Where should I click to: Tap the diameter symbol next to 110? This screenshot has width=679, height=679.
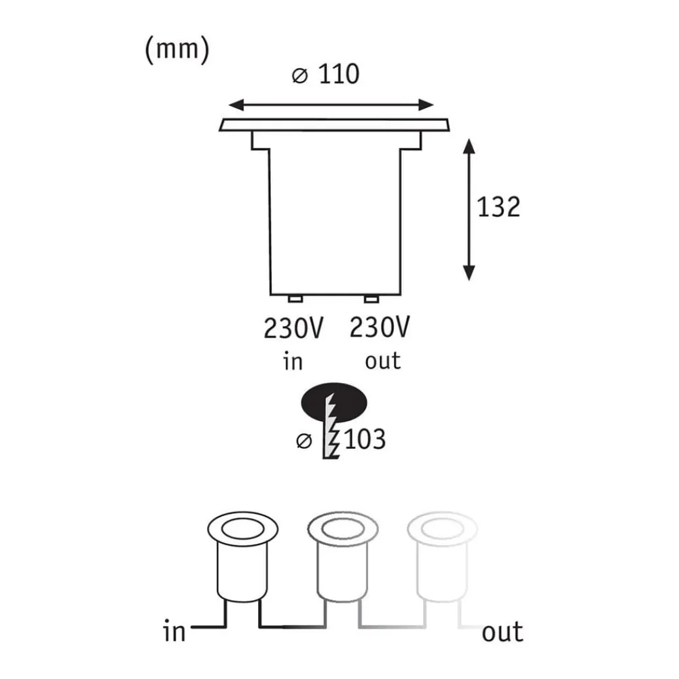(299, 76)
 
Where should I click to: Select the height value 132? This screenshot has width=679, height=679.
(498, 206)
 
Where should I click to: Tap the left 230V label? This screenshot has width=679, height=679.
(293, 329)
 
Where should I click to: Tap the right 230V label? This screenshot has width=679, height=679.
(380, 329)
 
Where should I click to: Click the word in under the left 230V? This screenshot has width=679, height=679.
(293, 361)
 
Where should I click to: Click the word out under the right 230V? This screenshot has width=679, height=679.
(383, 361)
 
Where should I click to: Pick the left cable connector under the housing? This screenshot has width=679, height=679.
(295, 299)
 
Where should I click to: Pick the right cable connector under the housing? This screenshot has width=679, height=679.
(371, 299)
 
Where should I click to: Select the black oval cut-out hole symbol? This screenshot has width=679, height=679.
(334, 405)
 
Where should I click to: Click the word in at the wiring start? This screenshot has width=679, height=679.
(175, 632)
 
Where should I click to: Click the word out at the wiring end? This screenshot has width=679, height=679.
(502, 632)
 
